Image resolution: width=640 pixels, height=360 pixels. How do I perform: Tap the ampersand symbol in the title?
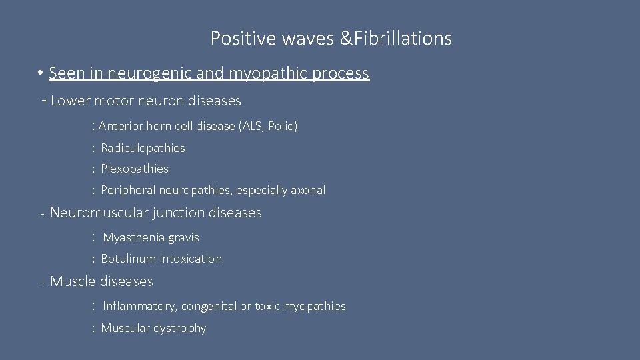(x=348, y=39)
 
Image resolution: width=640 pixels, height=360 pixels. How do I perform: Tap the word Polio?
(x=281, y=126)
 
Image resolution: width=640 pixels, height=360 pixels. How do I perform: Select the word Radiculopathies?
(x=143, y=147)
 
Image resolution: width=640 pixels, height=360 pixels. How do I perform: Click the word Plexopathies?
(x=135, y=169)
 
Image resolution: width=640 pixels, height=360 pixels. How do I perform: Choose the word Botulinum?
(x=128, y=259)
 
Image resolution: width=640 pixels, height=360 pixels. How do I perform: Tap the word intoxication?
(x=191, y=259)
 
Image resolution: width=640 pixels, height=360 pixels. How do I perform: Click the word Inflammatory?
(x=139, y=307)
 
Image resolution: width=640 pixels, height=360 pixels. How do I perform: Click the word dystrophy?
(x=181, y=328)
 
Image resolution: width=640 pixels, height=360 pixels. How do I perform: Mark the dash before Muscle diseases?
(x=41, y=282)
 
